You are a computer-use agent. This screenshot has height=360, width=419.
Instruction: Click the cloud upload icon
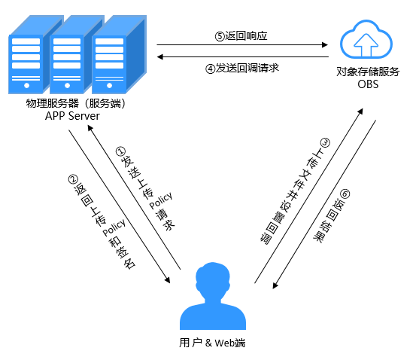coord(366,39)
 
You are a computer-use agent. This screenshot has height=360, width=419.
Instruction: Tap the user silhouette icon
coord(213,296)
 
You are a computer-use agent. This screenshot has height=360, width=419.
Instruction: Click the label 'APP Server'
coord(72,116)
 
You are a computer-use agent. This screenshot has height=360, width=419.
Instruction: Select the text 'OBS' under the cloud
coord(368,84)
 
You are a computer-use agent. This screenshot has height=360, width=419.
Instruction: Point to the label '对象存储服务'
coord(368,72)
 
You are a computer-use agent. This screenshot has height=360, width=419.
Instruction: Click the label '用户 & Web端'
coord(212,343)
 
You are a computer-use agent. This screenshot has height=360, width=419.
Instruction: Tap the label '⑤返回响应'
coord(241,36)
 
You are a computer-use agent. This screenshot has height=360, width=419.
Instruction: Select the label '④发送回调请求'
coord(242,69)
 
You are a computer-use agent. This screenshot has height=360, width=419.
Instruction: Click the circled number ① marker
coord(120,151)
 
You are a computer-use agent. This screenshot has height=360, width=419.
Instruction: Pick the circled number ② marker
coord(73,179)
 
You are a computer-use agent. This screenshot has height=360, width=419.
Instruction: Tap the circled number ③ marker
coord(325,142)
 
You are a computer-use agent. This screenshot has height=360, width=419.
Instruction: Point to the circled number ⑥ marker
coord(345,194)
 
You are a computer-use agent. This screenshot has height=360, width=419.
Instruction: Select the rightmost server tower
coord(120,55)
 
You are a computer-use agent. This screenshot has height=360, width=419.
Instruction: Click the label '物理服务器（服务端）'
coord(76,103)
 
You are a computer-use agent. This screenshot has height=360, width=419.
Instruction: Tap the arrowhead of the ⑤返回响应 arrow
coord(325,44)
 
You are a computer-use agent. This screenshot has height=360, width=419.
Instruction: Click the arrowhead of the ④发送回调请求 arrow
coord(159,56)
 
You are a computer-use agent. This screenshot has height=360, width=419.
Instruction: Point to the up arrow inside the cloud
coord(366,44)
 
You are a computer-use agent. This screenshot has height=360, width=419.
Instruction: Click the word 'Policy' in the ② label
coord(114,228)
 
